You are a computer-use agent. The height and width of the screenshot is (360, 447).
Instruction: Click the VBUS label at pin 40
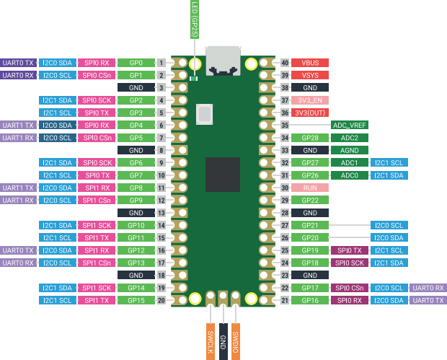pos(310,63)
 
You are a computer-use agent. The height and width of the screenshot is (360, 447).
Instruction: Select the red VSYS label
pos(310,75)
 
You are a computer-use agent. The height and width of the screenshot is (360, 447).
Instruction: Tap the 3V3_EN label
pos(310,100)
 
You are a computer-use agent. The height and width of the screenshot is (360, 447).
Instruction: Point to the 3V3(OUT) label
pos(310,113)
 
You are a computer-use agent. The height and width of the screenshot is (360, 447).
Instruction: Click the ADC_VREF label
pos(350,125)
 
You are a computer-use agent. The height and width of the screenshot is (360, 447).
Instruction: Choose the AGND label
pos(350,150)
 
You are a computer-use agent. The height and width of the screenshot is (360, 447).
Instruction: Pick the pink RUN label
pos(310,188)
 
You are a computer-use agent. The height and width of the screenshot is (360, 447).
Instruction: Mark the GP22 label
pos(310,200)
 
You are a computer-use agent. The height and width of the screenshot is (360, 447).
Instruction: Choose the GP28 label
pos(310,138)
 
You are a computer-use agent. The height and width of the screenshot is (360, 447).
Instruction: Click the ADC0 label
pos(350,175)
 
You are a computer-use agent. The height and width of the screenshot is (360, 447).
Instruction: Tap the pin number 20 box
pos(161,300)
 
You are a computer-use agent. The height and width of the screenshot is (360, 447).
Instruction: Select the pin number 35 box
pos(285,125)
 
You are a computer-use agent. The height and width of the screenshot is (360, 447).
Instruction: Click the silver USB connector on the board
pos(223,61)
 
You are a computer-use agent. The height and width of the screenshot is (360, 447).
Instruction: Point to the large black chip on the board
pos(222,174)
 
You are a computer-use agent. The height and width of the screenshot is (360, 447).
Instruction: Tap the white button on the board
pos(205,113)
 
